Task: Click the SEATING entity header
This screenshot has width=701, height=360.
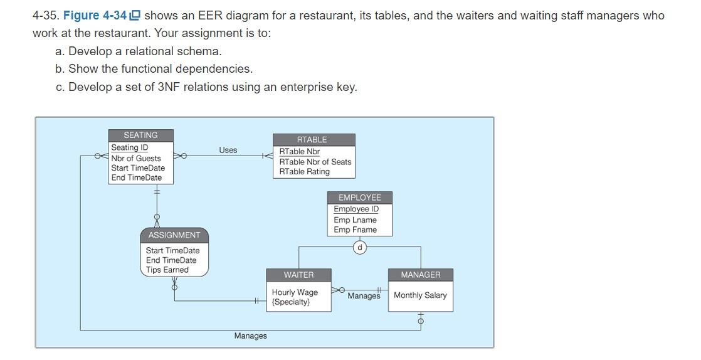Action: coord(140,135)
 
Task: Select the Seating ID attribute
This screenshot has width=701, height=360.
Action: coord(130,148)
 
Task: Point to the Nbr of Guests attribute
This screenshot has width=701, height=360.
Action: coord(136,158)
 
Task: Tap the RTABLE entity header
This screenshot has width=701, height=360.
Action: coord(312,140)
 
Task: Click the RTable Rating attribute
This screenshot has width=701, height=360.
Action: coord(304,172)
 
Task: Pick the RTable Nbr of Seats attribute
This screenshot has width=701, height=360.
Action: coord(315,162)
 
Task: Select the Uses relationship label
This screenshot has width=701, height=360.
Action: coord(228,150)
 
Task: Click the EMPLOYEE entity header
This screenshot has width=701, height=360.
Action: coord(360,198)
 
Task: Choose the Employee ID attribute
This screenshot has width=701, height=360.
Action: coord(356,209)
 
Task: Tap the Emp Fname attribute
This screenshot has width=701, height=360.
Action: coord(356,230)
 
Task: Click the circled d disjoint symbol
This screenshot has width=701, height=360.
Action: coord(359,247)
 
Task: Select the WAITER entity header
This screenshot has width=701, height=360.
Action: coord(298,275)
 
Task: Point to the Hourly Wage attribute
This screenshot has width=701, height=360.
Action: coord(295,292)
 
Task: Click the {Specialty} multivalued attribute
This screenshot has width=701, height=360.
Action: coord(291,302)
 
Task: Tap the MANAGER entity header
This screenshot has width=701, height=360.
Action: coord(420,275)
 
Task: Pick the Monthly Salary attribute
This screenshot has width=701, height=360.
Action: coord(420,295)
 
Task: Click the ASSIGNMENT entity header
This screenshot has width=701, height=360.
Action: coord(174,235)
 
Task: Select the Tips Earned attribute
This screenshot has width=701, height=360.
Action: coord(167,270)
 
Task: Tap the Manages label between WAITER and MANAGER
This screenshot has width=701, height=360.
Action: coord(364,296)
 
